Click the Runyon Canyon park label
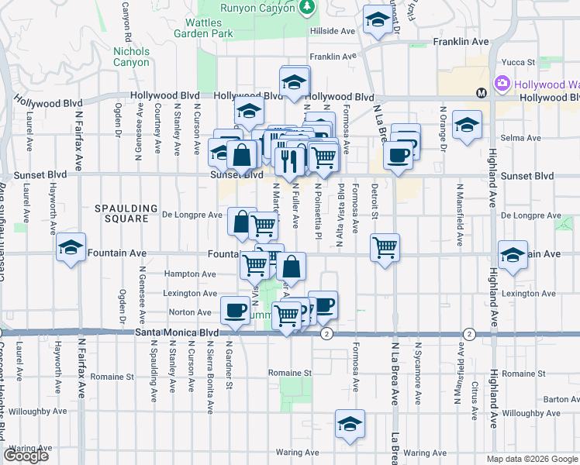(251, 7)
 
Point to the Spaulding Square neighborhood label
(121, 213)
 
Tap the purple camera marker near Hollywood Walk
(502, 83)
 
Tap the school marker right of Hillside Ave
(378, 21)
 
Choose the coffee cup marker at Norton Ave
(235, 312)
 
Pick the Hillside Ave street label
(332, 32)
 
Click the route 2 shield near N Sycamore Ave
(469, 333)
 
